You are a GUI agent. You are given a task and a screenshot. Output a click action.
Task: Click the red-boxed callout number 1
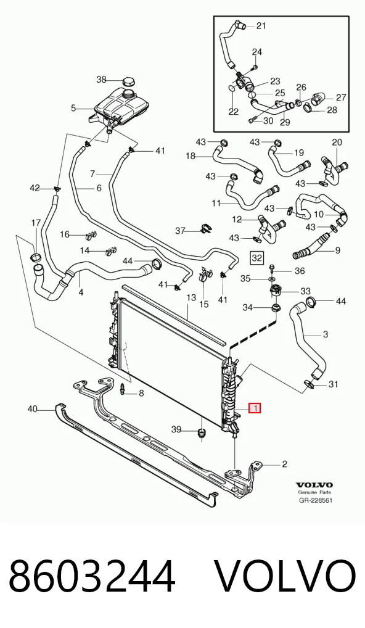point(255,408)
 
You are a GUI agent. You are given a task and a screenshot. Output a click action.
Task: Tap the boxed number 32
point(256,258)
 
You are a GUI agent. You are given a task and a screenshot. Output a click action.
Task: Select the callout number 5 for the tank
point(73,108)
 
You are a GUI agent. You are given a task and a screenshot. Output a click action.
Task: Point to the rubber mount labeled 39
point(202,433)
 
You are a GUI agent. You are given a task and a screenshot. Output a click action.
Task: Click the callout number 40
point(33,409)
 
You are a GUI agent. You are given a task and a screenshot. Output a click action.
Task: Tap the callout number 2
point(285,464)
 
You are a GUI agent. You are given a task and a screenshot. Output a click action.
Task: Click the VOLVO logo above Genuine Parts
point(314,485)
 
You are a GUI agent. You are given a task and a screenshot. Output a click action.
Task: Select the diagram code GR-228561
point(316,500)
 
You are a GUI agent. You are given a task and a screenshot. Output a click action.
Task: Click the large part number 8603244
point(92,576)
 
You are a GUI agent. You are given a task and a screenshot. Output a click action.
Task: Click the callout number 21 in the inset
point(261,26)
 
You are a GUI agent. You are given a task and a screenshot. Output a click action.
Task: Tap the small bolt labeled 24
point(256,67)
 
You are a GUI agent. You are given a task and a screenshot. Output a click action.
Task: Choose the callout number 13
point(191,297)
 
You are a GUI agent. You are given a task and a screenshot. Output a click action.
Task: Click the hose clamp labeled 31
point(309,384)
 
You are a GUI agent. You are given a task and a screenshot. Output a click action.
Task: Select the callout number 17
point(36,223)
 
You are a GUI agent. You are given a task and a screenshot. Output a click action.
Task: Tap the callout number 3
point(326,334)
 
